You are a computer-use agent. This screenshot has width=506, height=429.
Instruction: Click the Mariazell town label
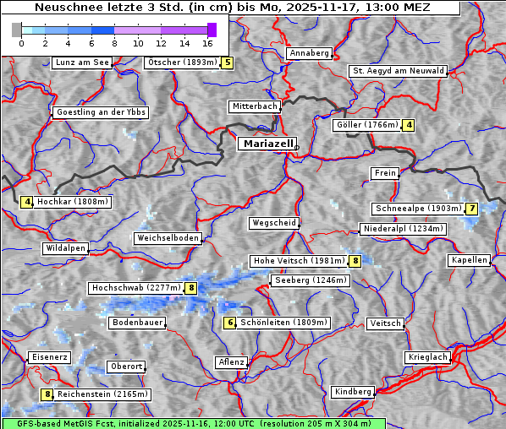pyautogui.click(x=267, y=144)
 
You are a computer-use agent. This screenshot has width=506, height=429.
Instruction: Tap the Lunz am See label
pyautogui.click(x=81, y=62)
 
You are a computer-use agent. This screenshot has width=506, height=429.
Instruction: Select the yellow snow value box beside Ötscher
pyautogui.click(x=227, y=62)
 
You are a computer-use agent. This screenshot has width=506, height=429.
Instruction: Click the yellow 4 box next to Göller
pyautogui.click(x=409, y=125)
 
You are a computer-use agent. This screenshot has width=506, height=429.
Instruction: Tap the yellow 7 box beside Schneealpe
pyautogui.click(x=471, y=209)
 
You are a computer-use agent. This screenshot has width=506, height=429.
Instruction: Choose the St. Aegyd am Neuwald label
pyautogui.click(x=398, y=71)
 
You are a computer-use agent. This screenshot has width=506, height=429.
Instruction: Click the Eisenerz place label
pyautogui.click(x=48, y=357)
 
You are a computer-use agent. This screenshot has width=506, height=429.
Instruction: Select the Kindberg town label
pyautogui.click(x=353, y=392)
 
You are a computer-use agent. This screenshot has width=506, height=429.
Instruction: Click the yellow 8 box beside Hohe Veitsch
pyautogui.click(x=356, y=261)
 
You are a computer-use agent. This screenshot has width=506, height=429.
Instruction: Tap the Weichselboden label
pyautogui.click(x=168, y=238)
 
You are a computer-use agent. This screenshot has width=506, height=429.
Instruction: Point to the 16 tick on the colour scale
pyautogui.click(x=207, y=42)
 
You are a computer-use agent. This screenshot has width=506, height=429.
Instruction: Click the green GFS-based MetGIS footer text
pyautogui.click(x=193, y=423)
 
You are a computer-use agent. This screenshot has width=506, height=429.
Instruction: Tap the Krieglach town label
pyautogui.click(x=426, y=357)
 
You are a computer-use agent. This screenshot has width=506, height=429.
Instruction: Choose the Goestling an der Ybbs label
pyautogui.click(x=100, y=112)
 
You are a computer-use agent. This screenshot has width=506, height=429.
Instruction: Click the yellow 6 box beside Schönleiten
pyautogui.click(x=229, y=323)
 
